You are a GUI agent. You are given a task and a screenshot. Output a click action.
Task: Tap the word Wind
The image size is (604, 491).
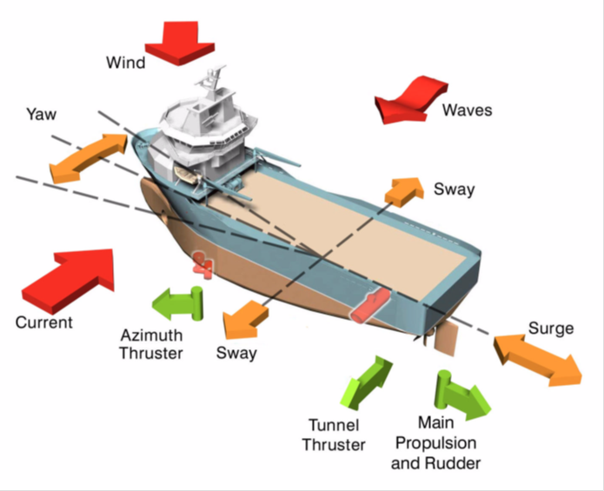click(x=126, y=63)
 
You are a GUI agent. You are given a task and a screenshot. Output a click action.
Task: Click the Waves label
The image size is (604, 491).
click(x=467, y=110)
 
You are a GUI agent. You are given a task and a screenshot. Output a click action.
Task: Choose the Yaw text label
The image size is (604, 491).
click(x=41, y=114)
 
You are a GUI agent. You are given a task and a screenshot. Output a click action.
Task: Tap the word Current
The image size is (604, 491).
click(x=43, y=322)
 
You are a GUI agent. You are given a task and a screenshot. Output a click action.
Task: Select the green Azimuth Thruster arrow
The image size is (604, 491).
click(x=177, y=303)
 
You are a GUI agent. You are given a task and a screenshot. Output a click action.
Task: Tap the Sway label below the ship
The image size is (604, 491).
click(x=236, y=354)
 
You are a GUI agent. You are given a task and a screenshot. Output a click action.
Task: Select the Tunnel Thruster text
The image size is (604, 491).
click(x=334, y=435)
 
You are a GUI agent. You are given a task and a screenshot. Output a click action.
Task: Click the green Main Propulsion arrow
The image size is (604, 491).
click(x=461, y=394)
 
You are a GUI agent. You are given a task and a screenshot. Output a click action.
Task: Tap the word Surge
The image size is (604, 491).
click(x=550, y=328)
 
